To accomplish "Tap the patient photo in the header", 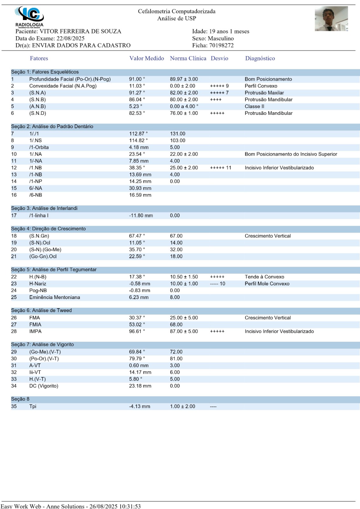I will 331,19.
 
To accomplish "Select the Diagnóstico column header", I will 260,58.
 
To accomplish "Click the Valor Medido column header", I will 146,58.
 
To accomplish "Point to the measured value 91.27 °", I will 137,93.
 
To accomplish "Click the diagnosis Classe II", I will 254,107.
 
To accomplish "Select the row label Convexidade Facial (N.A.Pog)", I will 63,86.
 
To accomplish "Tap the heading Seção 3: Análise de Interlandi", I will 44,208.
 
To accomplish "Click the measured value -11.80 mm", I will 141,216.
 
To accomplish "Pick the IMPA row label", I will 35,331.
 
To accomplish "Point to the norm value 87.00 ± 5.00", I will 184,331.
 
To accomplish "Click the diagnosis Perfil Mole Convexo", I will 267,284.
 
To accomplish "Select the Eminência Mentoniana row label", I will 54,297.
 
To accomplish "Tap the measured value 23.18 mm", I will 140,386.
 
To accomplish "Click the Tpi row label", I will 33,407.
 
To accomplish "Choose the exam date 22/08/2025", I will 70,38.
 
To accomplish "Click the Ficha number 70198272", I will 221,45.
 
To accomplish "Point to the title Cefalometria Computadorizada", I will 177,11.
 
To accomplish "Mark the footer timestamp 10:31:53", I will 130,506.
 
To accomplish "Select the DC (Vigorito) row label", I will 44,386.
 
